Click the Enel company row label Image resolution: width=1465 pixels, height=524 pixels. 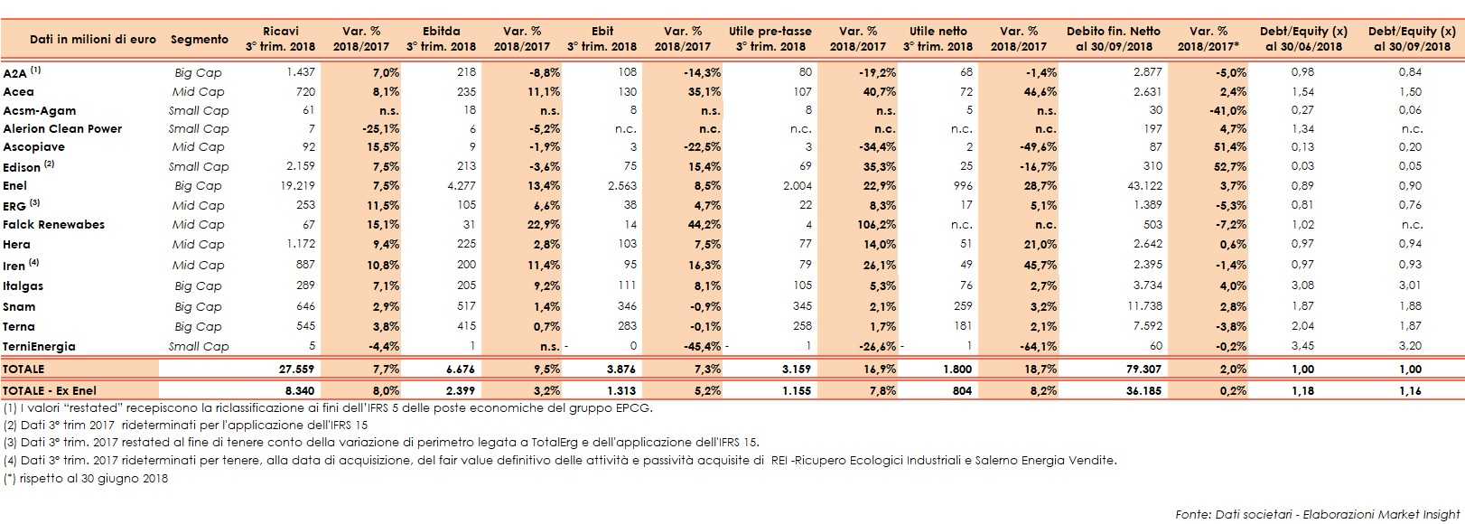point(15,185)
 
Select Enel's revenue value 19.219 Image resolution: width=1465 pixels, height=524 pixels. point(298,185)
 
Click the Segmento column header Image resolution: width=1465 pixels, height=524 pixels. point(200,39)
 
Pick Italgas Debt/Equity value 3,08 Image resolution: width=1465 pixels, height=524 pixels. point(1302,285)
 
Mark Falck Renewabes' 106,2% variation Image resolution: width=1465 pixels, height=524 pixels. point(876,225)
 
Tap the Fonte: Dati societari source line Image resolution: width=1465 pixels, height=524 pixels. point(1317,514)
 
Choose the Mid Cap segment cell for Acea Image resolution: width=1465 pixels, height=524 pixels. point(198,91)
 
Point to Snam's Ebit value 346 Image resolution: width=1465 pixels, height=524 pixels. point(627,306)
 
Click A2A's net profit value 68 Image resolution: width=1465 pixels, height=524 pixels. point(966,72)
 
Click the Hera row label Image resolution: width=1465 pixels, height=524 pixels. point(16,244)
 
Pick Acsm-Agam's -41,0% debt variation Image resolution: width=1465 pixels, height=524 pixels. point(1228,110)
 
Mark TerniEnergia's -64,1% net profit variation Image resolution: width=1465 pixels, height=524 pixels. point(1036,346)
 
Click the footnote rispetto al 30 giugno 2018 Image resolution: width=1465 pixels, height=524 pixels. point(86,478)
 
